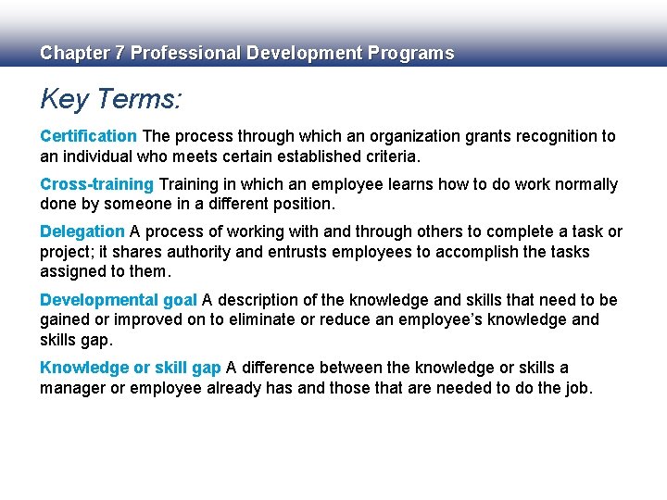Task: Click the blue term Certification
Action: click(88, 136)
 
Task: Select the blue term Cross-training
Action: click(97, 184)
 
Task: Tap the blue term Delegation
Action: click(82, 231)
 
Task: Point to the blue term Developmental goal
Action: click(118, 300)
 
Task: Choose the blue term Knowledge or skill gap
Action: click(130, 368)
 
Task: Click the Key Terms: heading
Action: click(110, 99)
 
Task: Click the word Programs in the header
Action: click(410, 53)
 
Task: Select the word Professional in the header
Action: click(184, 53)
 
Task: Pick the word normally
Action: click(585, 184)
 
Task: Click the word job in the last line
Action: click(574, 388)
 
